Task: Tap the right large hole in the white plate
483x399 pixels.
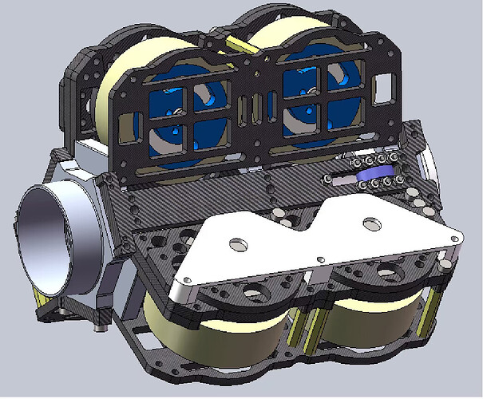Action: (x=369, y=223)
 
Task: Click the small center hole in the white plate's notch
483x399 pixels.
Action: (x=319, y=258)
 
